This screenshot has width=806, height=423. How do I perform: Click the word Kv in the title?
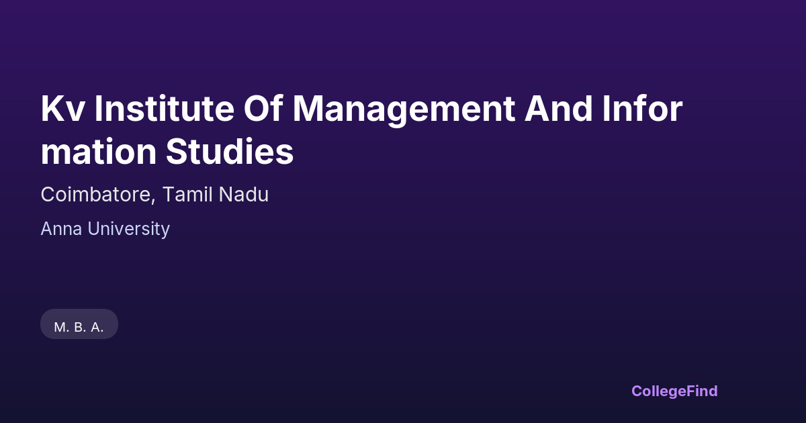[x=63, y=109]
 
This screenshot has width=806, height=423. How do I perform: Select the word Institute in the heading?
[x=165, y=108]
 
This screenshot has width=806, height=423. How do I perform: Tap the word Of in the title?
[x=263, y=108]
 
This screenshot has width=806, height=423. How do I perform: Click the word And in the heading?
[x=558, y=108]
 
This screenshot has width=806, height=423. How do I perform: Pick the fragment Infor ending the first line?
[x=642, y=108]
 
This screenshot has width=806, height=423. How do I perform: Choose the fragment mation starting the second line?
[x=99, y=152]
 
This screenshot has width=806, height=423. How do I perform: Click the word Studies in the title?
[x=230, y=151]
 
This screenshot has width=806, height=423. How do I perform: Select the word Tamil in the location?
[x=187, y=194]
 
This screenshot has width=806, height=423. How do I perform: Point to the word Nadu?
[x=244, y=194]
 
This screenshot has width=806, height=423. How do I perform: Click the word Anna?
[x=61, y=229]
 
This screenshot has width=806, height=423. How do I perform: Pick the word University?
[x=128, y=229]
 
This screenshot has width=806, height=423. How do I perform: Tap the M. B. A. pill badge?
[x=79, y=324]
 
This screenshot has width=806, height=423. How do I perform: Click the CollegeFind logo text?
[x=674, y=391]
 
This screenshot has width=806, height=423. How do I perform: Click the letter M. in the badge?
[x=62, y=328]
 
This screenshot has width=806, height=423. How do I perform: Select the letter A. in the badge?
[x=97, y=328]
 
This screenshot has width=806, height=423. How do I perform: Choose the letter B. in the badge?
[x=80, y=328]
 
